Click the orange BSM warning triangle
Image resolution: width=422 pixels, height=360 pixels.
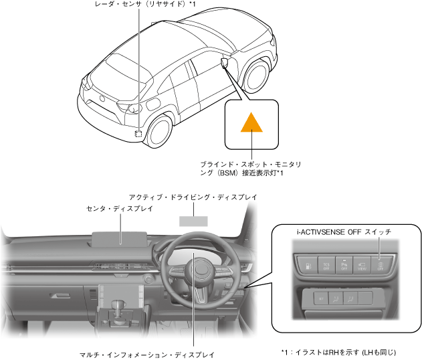(x=251, y=122)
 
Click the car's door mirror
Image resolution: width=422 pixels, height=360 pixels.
(x=223, y=63)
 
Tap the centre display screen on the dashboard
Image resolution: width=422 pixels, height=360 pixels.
(x=120, y=238)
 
